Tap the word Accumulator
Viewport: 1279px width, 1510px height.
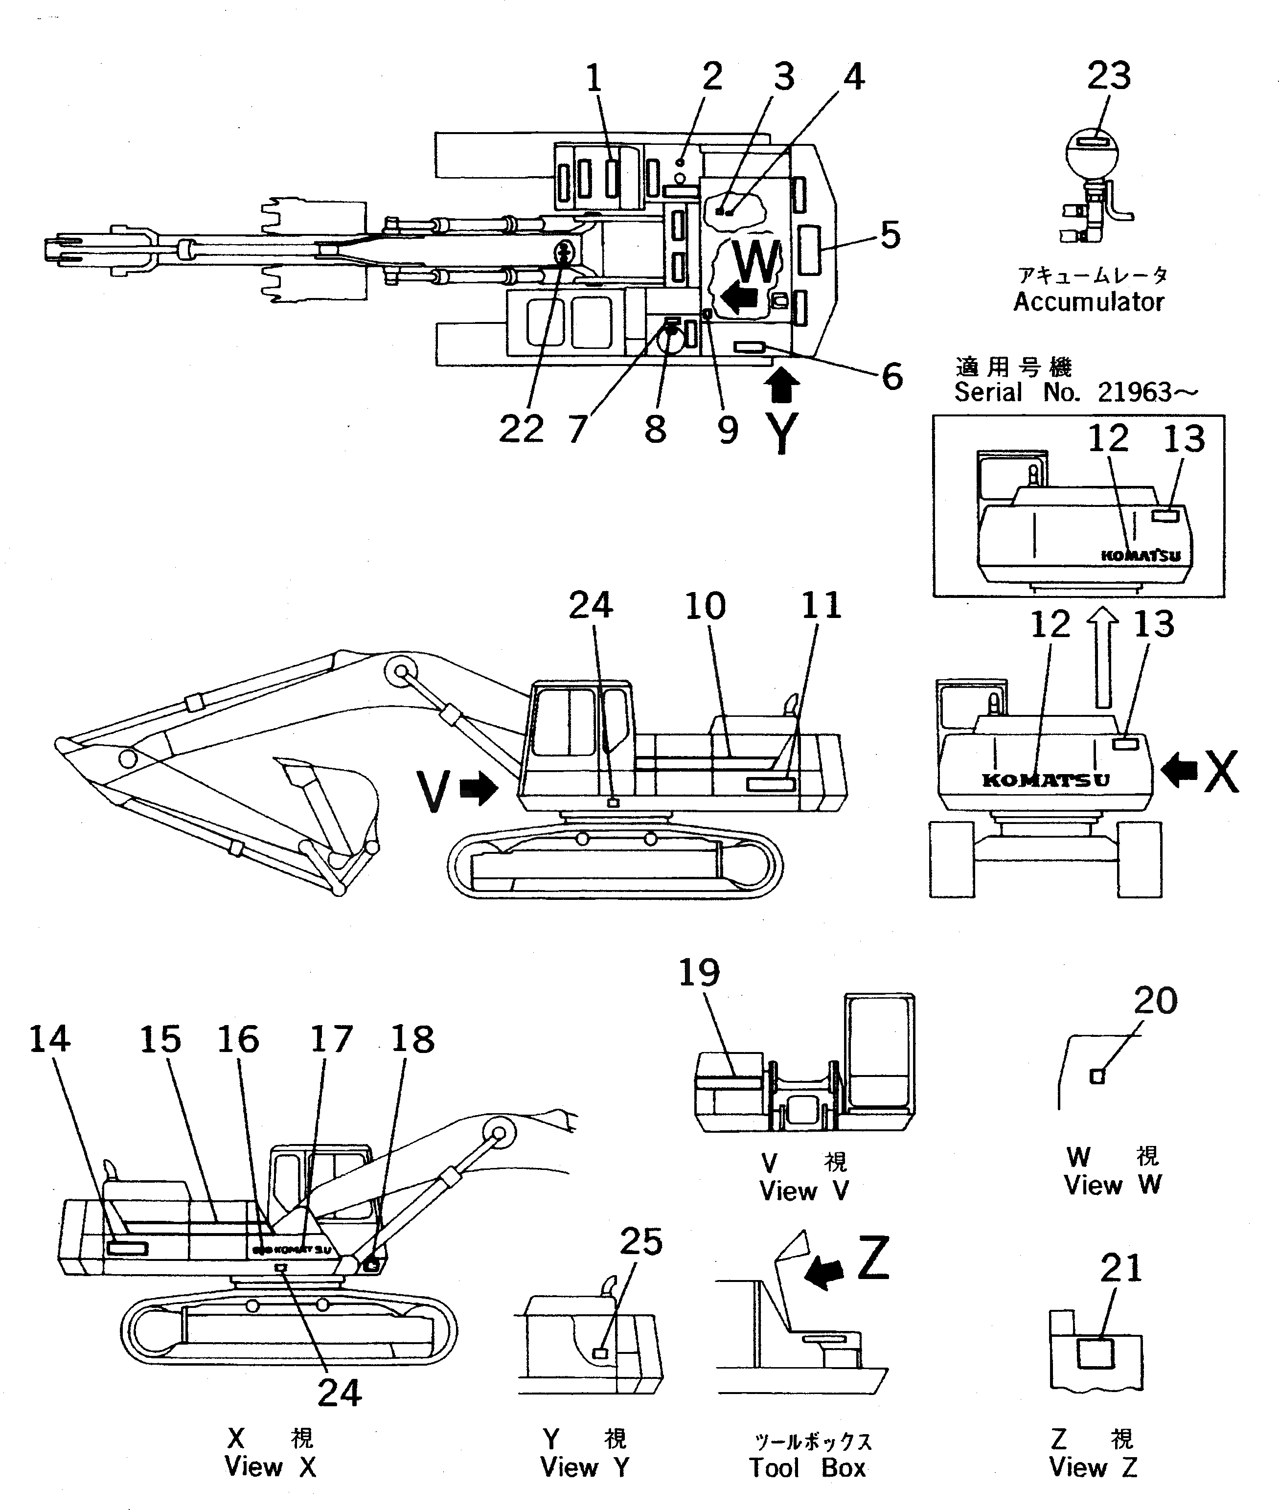pyautogui.click(x=1088, y=301)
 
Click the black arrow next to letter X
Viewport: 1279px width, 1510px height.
pyautogui.click(x=1179, y=770)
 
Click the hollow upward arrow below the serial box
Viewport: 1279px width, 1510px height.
pyautogui.click(x=1103, y=656)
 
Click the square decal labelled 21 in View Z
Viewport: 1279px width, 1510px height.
pyautogui.click(x=1095, y=1353)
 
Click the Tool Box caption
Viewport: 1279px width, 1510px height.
pyautogui.click(x=807, y=1468)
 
